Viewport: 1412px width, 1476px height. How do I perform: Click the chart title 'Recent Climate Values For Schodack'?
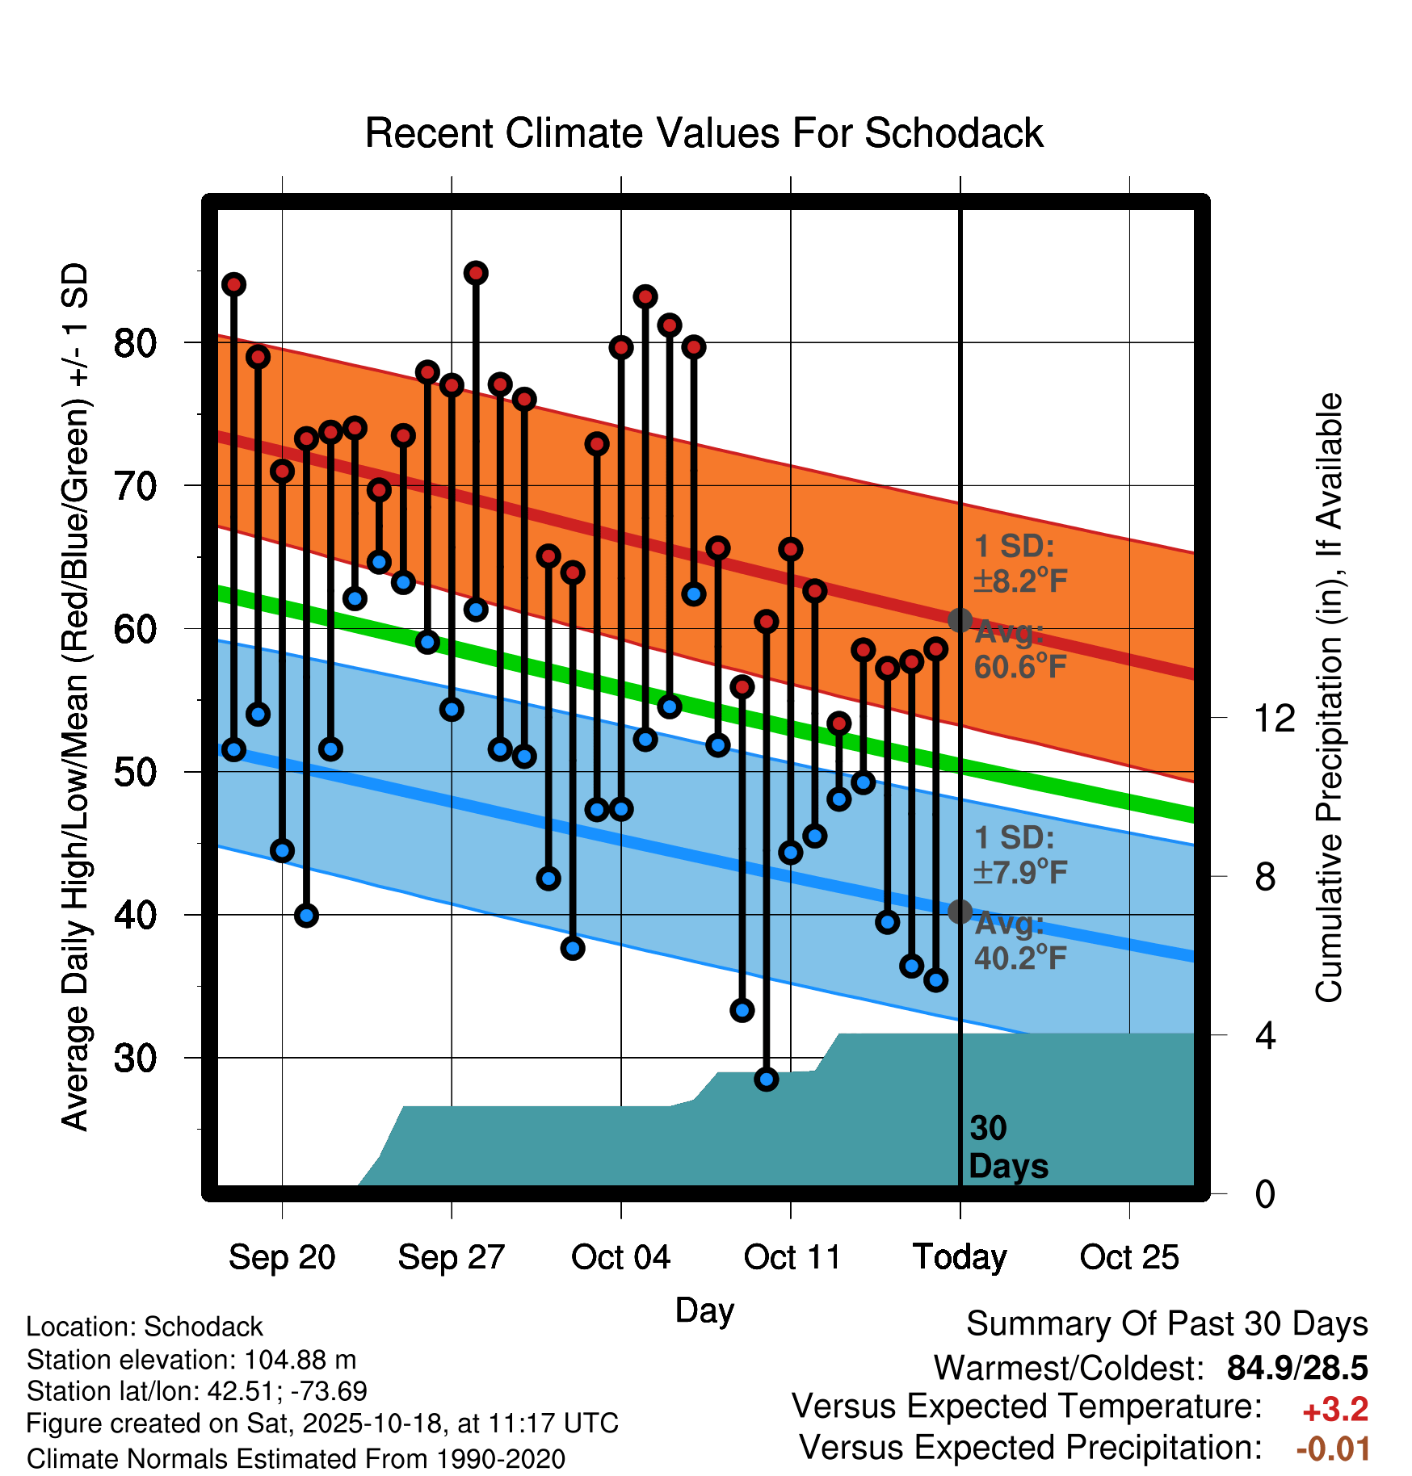[704, 133]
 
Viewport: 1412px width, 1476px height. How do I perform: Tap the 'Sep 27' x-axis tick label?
[451, 1257]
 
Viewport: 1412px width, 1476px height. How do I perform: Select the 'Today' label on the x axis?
[960, 1257]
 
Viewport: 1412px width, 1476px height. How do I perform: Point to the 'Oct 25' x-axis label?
[1129, 1257]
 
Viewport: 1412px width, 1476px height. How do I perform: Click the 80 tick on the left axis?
[135, 343]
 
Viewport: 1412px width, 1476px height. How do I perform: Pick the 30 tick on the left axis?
[135, 1058]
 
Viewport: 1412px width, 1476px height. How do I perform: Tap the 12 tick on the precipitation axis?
[1274, 718]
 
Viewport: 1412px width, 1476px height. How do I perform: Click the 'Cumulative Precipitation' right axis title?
[1329, 698]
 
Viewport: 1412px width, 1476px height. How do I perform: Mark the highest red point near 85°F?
[476, 273]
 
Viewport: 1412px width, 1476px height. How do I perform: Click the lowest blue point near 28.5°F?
[767, 1079]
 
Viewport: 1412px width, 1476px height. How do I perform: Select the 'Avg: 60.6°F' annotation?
[1019, 650]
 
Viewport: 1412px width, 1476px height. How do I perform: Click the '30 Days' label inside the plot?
[1007, 1147]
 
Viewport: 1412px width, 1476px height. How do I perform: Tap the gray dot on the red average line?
[960, 620]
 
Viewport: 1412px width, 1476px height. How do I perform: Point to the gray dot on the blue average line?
[960, 912]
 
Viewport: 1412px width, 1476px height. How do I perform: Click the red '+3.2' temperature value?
[1335, 1410]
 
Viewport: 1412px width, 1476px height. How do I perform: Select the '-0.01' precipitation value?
[1333, 1449]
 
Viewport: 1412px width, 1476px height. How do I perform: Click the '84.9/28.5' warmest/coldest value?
[1297, 1368]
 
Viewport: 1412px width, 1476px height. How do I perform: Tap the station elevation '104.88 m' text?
[300, 1360]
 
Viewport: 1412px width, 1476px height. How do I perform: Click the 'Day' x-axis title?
[704, 1310]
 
